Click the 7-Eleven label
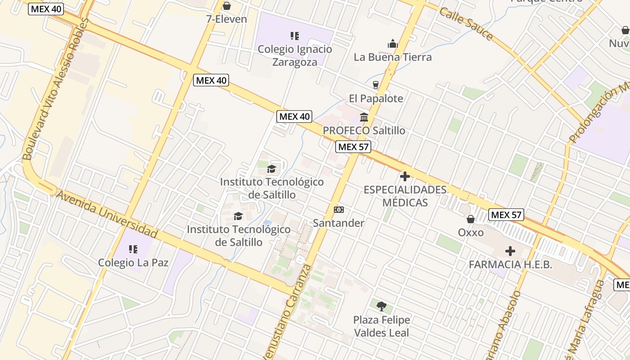point(226,19)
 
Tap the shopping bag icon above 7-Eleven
point(227,6)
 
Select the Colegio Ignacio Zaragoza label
point(295,56)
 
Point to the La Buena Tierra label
point(392,57)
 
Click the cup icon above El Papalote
point(376,85)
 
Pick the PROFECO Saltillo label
point(364,130)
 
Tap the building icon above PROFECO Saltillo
point(364,117)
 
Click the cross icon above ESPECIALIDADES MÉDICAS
point(405,176)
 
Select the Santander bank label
point(338,223)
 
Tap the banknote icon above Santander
point(339,210)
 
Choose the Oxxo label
point(471,233)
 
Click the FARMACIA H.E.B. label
point(510,265)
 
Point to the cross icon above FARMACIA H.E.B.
point(510,251)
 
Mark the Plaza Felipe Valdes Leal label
point(382,326)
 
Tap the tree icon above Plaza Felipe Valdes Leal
point(382,306)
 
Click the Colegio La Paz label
point(133,262)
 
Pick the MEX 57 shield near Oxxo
point(507,215)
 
